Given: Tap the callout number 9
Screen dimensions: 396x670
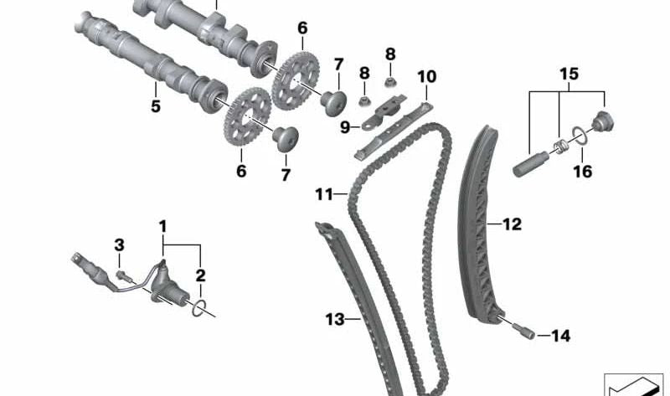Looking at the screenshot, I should point(345,127).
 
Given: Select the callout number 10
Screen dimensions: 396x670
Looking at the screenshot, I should point(426,77).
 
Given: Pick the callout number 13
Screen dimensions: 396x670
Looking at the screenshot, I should point(335,318).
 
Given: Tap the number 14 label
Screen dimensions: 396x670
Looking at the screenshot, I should point(560,336).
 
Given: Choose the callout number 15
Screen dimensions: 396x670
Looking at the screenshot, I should point(569,75).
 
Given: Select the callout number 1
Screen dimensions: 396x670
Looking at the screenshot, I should point(163,225).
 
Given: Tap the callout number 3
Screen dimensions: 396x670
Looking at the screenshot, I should point(119,244).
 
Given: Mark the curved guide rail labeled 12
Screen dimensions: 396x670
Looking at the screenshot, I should point(484,226).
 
